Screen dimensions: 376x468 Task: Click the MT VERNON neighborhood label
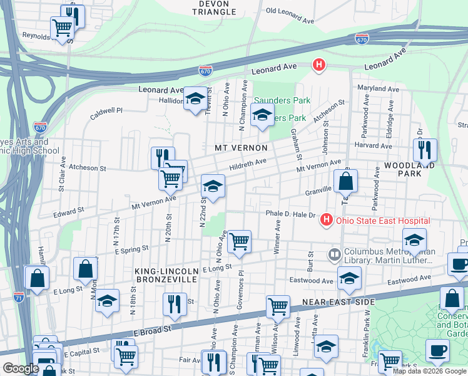[x=241, y=148]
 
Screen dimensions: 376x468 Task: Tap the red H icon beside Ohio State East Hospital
[x=325, y=220]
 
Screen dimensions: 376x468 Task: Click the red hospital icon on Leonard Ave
[x=318, y=65]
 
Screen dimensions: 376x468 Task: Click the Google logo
[x=21, y=368]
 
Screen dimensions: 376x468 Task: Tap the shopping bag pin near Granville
[x=345, y=182]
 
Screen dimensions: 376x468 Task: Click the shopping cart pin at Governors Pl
[x=238, y=241]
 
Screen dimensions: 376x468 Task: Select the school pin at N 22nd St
[x=213, y=186]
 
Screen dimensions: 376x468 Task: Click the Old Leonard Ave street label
[x=290, y=15]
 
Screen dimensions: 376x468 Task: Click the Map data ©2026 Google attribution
[x=430, y=371]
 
